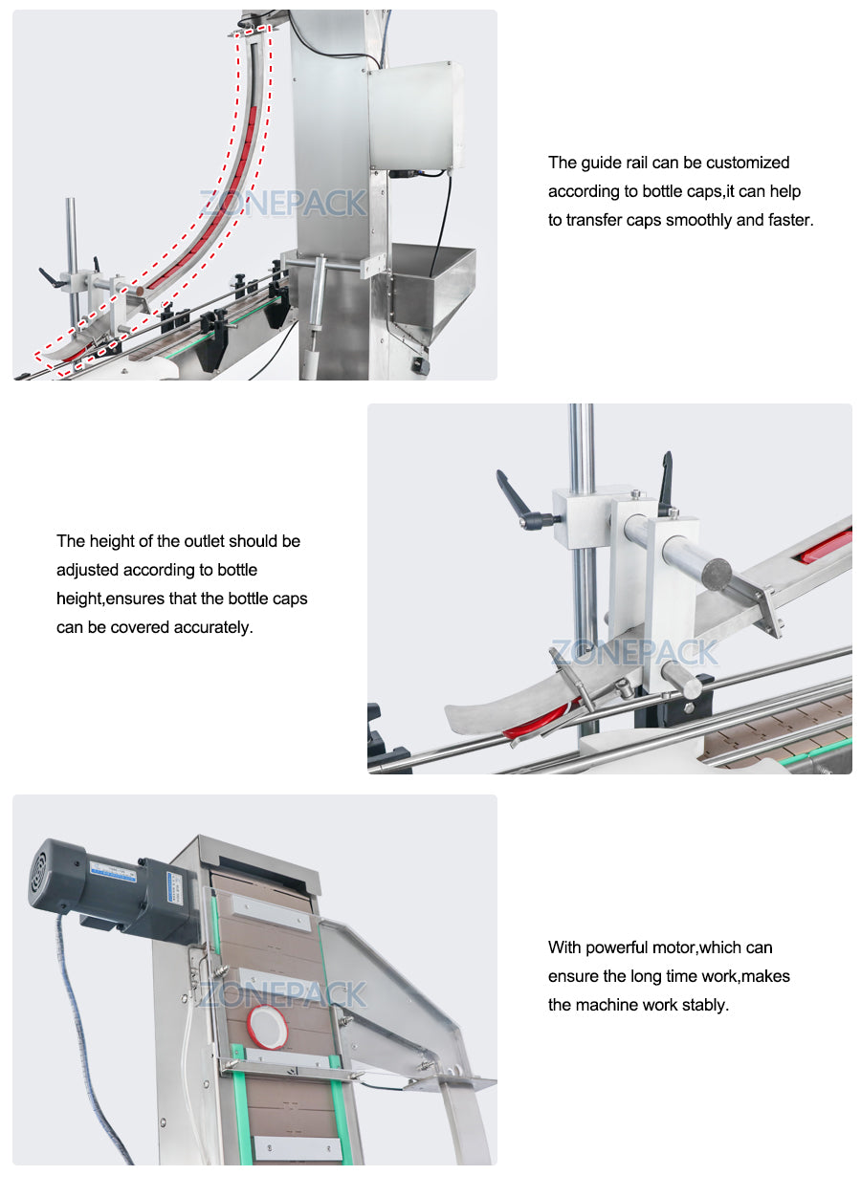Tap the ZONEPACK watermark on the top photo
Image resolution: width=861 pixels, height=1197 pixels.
[283, 203]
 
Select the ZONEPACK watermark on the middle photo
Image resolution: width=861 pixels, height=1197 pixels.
[634, 653]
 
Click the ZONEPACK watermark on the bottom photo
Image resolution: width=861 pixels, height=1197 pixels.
[283, 994]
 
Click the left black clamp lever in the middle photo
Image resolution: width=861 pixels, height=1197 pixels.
[519, 497]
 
